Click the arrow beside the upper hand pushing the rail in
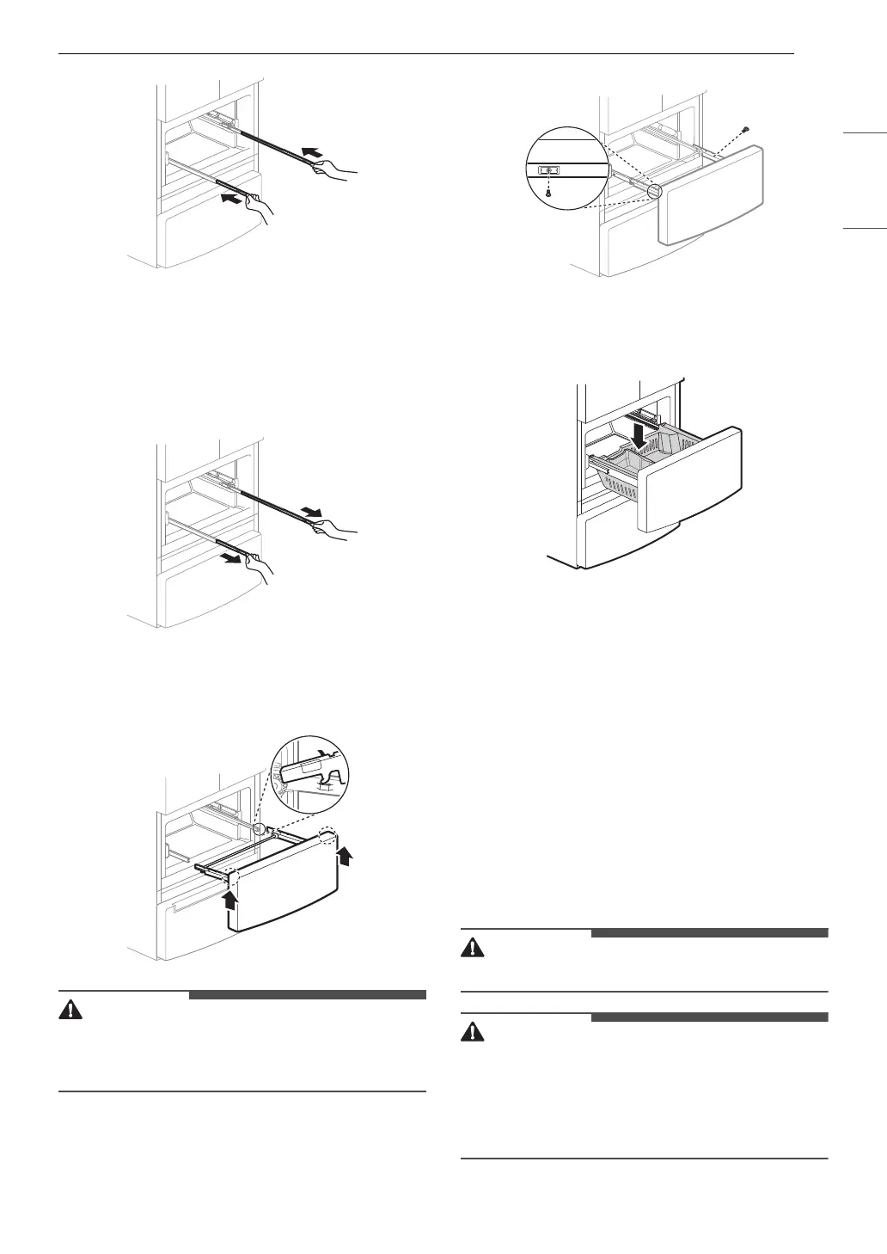click(x=314, y=154)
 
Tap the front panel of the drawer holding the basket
click(x=693, y=499)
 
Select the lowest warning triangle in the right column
click(x=473, y=1032)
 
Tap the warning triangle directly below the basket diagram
click(x=473, y=947)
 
